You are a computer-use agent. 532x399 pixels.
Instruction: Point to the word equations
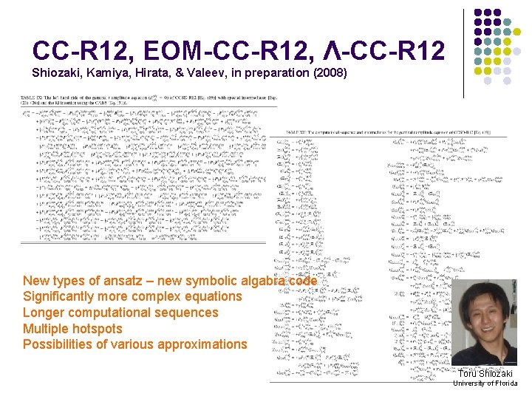210,296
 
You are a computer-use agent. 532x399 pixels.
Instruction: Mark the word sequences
188,313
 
